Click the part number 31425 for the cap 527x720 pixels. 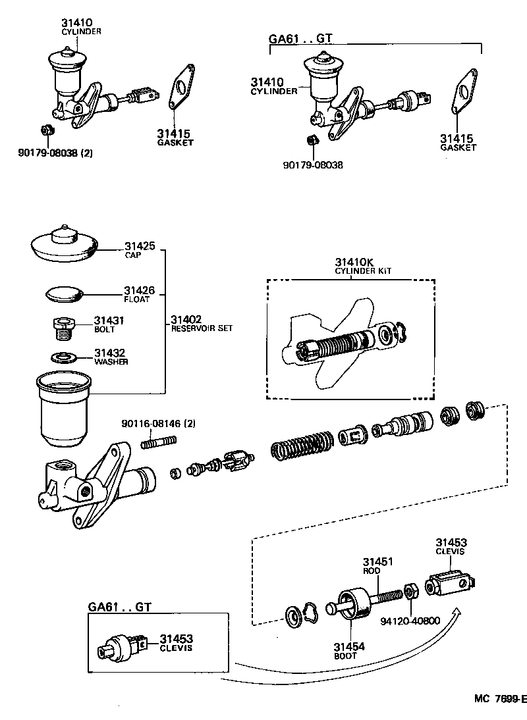pyautogui.click(x=140, y=246)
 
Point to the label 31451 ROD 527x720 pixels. pyautogui.click(x=378, y=566)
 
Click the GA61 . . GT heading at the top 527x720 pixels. pyautogui.click(x=300, y=38)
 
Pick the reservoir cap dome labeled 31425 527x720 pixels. pyautogui.click(x=65, y=242)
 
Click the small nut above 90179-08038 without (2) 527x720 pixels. pyautogui.click(x=314, y=140)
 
